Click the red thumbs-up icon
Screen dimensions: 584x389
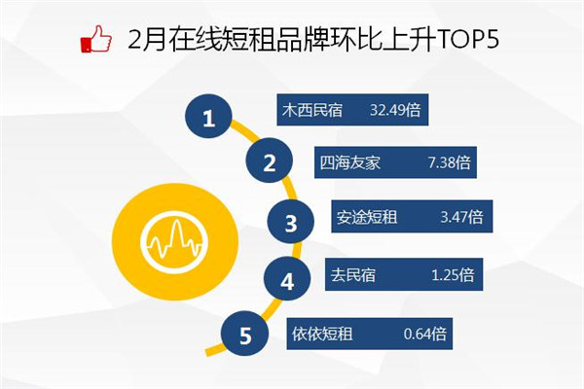click(x=96, y=39)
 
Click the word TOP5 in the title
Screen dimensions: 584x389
click(x=467, y=39)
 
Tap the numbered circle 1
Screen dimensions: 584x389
click(x=208, y=117)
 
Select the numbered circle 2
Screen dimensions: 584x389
click(x=270, y=160)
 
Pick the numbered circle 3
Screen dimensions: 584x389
click(x=290, y=222)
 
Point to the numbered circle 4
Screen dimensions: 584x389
click(x=287, y=279)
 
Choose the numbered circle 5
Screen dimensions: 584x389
click(x=244, y=334)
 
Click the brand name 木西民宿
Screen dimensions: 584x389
click(x=312, y=110)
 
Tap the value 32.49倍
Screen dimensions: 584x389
click(x=395, y=110)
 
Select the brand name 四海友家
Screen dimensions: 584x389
click(x=350, y=162)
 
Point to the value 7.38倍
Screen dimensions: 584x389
click(x=450, y=162)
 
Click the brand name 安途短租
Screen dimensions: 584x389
click(x=367, y=217)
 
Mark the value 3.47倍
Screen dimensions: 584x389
click(x=461, y=217)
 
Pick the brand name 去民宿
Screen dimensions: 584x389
click(x=353, y=275)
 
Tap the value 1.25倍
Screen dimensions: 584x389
click(x=453, y=275)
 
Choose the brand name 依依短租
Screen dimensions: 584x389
click(x=322, y=334)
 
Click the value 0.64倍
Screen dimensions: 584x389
click(x=425, y=334)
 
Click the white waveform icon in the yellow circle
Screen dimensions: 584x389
click(x=174, y=242)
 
